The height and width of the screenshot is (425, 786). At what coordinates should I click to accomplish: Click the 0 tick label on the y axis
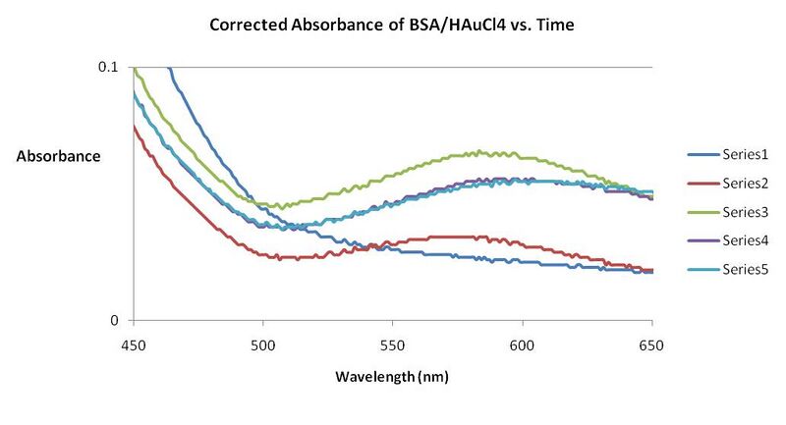[115, 320]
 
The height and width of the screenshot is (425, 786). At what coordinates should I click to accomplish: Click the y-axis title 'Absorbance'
[59, 155]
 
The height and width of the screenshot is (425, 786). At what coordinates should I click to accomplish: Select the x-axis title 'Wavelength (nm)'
[393, 377]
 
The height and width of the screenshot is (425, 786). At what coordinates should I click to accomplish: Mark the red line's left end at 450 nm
[135, 125]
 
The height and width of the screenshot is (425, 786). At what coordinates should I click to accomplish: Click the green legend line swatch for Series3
[699, 212]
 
